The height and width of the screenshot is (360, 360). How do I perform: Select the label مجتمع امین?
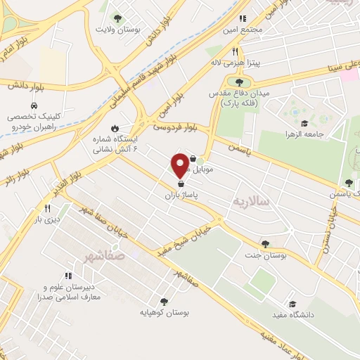point(245,31)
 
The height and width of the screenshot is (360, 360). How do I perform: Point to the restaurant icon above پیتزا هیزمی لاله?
point(236,51)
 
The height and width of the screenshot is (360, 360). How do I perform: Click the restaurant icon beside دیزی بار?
point(48,208)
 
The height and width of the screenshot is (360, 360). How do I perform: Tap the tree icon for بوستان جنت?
point(264,244)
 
